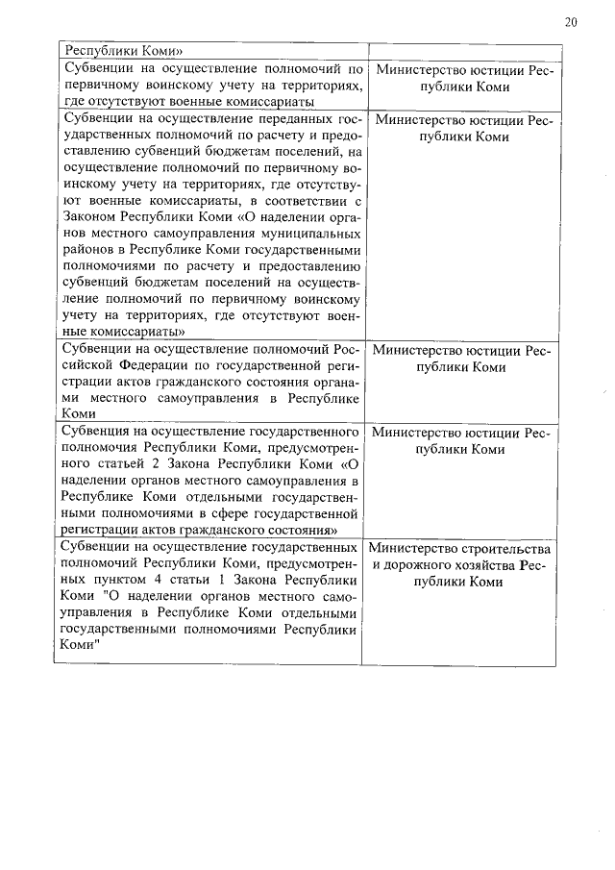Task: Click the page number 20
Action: click(x=571, y=22)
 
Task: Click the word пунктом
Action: click(x=153, y=582)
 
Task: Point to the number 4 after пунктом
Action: click(x=188, y=582)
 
